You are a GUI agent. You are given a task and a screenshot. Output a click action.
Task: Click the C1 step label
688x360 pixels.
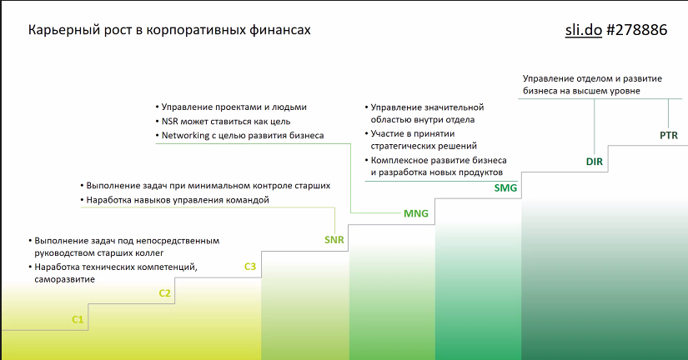(78, 320)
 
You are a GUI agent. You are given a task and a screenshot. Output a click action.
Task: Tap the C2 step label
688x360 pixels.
(164, 293)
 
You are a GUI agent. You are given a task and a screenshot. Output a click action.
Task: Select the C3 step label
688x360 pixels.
(250, 267)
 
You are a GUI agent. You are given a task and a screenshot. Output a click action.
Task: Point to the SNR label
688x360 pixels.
(334, 240)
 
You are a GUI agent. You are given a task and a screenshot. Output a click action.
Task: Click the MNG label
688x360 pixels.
(416, 213)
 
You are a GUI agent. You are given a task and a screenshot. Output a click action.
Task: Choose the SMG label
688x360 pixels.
(505, 188)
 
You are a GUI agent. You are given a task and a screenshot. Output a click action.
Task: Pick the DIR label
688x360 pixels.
(595, 162)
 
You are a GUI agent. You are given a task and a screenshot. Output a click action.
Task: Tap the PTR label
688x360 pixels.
(669, 136)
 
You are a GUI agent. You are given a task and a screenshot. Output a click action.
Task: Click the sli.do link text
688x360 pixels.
(584, 30)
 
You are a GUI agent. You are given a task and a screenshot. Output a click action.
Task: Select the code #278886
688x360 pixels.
(636, 30)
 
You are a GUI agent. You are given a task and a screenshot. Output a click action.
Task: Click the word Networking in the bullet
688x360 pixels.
(186, 136)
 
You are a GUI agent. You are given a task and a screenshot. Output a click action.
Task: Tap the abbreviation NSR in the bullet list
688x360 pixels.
(170, 122)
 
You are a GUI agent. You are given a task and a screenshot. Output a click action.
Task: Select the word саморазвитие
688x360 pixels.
(64, 279)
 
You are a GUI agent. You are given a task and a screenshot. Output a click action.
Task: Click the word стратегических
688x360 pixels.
(402, 146)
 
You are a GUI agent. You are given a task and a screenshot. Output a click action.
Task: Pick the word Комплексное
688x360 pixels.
(399, 161)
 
